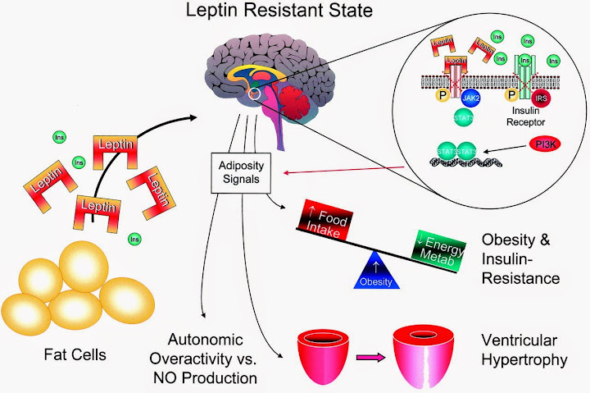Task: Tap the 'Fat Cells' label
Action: click(75, 357)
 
